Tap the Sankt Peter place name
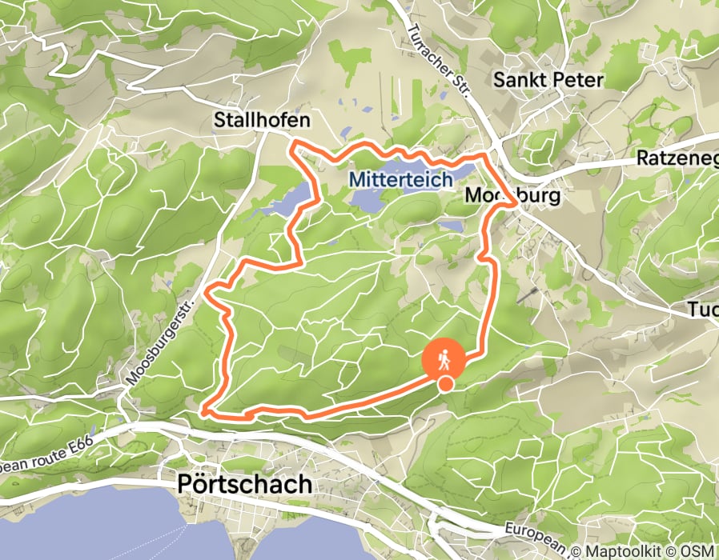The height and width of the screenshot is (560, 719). tap(548, 80)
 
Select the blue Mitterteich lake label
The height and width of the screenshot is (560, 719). tap(400, 181)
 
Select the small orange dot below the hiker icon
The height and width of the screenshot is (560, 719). tap(445, 385)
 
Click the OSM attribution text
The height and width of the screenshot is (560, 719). tap(697, 550)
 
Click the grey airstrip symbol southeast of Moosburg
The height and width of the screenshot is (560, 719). tap(528, 297)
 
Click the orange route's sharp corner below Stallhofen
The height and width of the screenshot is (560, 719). tap(294, 144)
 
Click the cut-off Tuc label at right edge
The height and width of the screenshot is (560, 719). tap(705, 310)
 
